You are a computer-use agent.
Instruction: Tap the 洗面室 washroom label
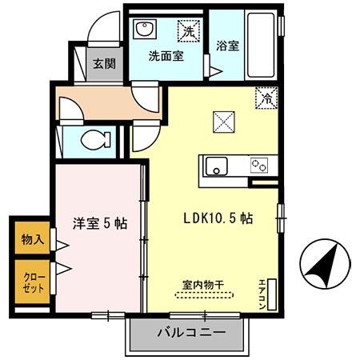[x=166, y=57]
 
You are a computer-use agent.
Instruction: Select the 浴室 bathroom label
[x=226, y=46]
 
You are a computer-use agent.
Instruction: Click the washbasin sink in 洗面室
[x=145, y=30]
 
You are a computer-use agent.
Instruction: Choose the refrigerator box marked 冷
[x=265, y=99]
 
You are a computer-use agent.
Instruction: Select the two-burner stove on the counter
[x=259, y=166]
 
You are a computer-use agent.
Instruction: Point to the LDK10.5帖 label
[x=219, y=218]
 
